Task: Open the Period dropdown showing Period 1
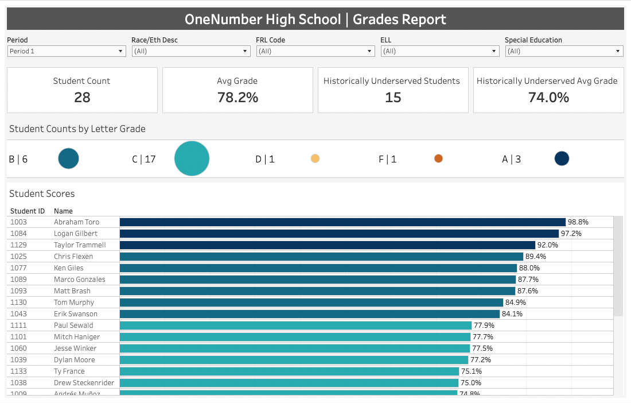coord(67,51)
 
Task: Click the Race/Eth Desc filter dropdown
coord(191,51)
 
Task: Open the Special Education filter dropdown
coord(564,51)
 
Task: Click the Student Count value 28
coord(82,98)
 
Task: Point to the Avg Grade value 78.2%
coord(237,98)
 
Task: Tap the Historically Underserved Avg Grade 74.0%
coord(548,98)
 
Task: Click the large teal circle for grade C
coord(192,158)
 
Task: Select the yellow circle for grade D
coord(315,158)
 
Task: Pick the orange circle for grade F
coord(439,158)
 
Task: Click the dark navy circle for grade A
coord(562,158)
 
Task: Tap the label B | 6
coord(18,160)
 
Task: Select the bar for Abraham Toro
coord(342,222)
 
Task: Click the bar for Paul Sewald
coord(296,325)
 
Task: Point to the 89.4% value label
coord(536,257)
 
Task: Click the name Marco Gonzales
coord(80,280)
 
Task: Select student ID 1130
coord(18,303)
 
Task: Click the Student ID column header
coord(28,211)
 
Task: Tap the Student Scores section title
coord(42,193)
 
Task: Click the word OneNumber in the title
coord(223,20)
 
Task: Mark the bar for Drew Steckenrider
coord(289,383)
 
